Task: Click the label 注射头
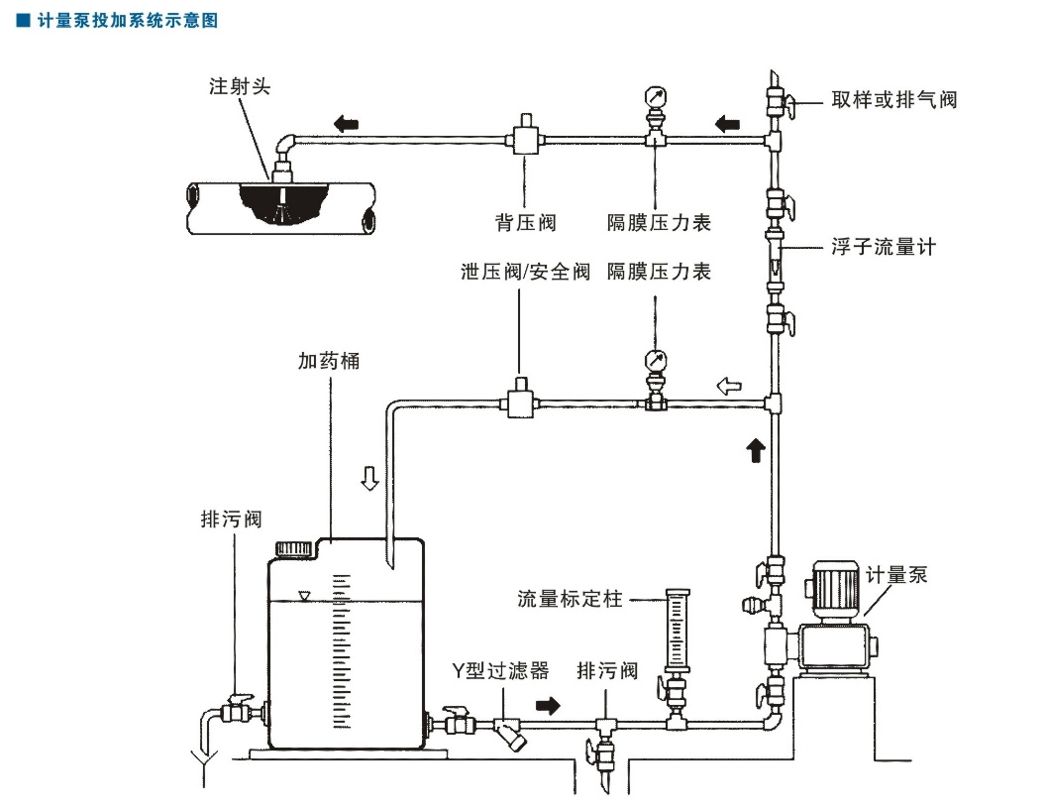[239, 87]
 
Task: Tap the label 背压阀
[525, 223]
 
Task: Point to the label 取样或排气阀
[894, 100]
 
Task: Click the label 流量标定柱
[570, 599]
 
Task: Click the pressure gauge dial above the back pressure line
[655, 97]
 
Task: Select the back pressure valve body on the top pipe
[524, 138]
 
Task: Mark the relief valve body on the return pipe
[520, 402]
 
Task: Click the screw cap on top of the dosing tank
[294, 547]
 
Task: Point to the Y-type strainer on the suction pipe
[510, 734]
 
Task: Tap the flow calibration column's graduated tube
[678, 629]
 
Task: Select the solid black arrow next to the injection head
[346, 124]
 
